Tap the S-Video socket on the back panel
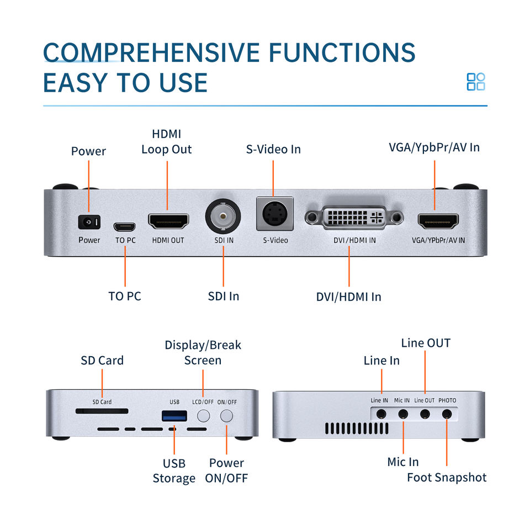click(274, 214)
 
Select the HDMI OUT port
click(168, 221)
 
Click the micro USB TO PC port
click(125, 226)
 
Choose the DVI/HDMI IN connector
click(354, 219)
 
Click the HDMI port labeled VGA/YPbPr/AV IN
click(438, 221)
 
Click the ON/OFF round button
click(227, 416)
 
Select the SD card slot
click(102, 411)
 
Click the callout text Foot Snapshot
click(447, 478)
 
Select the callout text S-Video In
click(273, 149)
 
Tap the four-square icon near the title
click(476, 82)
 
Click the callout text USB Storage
click(174, 471)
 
